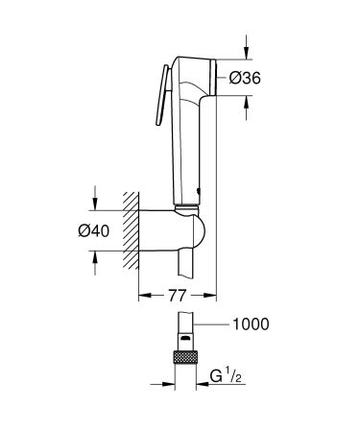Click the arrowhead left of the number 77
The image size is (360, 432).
click(x=144, y=295)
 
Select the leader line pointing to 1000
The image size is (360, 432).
click(x=213, y=324)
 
